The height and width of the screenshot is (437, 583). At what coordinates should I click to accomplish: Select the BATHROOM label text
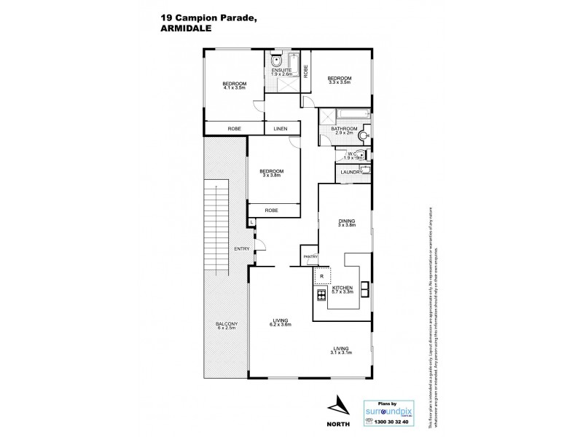(x=343, y=129)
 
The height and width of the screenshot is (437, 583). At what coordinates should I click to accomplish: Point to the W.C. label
(x=351, y=153)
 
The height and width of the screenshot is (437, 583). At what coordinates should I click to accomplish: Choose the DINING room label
(x=345, y=221)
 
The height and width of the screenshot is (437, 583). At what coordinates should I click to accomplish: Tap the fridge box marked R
(x=321, y=276)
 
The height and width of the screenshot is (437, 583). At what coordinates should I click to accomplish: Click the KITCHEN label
(x=343, y=288)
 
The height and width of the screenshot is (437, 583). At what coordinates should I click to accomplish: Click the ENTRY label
(x=241, y=249)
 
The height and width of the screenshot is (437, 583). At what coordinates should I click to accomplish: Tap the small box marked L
(x=251, y=221)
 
